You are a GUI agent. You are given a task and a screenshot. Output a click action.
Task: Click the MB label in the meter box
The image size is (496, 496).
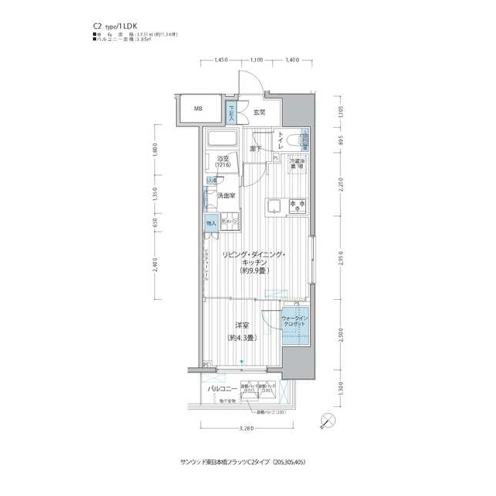pos(198,109)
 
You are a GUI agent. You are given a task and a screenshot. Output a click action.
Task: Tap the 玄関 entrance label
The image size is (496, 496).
pos(258,112)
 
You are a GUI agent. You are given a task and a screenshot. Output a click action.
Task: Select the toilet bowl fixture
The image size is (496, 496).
pos(295,140)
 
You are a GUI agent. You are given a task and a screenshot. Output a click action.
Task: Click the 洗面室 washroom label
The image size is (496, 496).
pos(226,196)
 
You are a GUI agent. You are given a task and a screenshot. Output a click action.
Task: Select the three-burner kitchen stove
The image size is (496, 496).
pos(298,206)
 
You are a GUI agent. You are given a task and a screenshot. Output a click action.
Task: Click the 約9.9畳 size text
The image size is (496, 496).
pos(253,271)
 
